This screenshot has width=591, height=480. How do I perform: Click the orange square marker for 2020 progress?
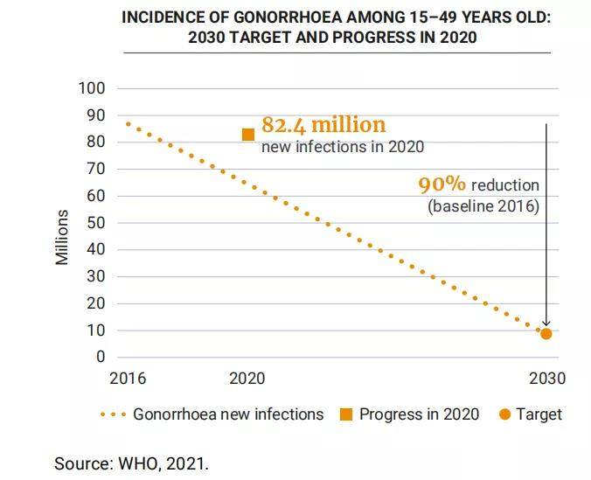pos(248,135)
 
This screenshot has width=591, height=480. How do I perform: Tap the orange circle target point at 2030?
pos(546,333)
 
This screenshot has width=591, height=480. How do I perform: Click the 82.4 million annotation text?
pos(323,124)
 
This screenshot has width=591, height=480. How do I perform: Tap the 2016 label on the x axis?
pos(128,379)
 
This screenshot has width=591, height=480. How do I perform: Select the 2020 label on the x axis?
pos(247,379)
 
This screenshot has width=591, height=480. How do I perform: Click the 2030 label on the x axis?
pos(547,379)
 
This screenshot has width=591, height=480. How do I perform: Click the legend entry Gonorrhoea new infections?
pos(227,414)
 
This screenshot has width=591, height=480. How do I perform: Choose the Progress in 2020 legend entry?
pos(419,414)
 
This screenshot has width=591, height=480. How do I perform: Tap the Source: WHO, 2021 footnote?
pos(132,463)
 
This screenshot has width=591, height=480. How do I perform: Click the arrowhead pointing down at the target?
pos(546,323)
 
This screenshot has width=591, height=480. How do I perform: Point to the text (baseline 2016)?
pos(483,206)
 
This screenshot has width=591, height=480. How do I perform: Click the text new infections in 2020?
pos(343,146)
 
